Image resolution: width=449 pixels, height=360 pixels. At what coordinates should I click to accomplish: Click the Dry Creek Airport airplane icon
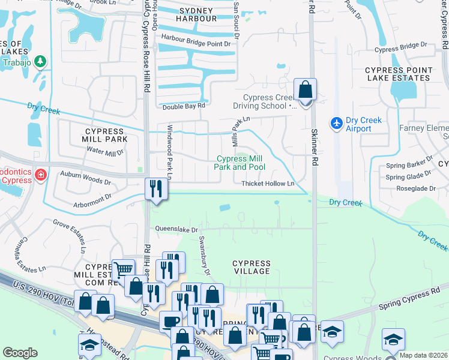click(x=337, y=123)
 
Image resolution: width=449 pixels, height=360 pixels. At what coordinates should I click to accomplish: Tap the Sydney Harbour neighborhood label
click(x=196, y=15)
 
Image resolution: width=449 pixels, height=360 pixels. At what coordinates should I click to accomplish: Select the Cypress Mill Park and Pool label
click(x=240, y=163)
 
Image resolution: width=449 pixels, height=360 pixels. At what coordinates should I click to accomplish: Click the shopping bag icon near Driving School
click(x=305, y=90)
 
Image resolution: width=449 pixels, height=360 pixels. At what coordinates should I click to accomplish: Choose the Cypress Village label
click(x=252, y=267)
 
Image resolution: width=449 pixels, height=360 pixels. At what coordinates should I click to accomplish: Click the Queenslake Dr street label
click(x=176, y=229)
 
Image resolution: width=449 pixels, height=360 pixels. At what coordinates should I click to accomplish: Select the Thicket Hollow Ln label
click(x=268, y=184)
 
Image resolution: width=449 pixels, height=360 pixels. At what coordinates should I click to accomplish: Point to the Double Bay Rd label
click(x=184, y=106)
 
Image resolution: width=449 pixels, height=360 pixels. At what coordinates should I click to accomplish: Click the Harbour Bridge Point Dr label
click(x=196, y=44)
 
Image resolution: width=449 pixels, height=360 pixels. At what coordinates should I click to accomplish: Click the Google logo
click(x=20, y=353)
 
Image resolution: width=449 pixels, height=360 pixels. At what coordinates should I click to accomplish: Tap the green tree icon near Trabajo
click(x=40, y=61)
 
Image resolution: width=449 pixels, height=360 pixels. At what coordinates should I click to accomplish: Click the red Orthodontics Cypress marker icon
click(x=40, y=175)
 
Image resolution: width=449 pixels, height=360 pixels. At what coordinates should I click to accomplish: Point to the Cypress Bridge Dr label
click(x=400, y=45)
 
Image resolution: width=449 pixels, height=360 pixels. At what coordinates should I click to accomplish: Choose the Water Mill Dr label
click(x=104, y=152)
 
